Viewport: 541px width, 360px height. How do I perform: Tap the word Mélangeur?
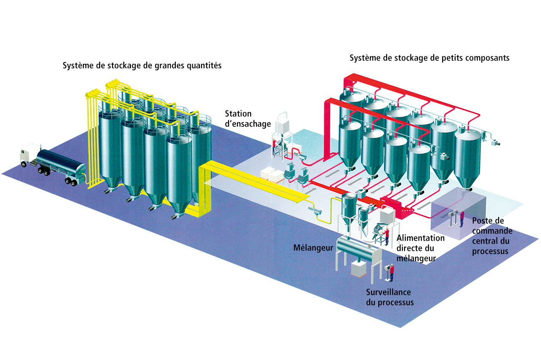pos(313,248)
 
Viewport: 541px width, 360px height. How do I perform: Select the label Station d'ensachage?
pos(248,119)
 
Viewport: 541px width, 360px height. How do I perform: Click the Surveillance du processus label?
pos(390,297)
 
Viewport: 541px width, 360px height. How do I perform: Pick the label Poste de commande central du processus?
pos(492,236)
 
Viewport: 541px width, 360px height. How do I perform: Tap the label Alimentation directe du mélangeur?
pos(420,248)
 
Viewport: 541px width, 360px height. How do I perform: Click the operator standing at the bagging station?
pos(274,145)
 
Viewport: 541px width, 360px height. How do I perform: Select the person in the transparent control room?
pos(462,219)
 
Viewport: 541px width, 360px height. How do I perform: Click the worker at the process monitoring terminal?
pos(392,272)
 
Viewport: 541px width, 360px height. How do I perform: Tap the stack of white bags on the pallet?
pos(272,175)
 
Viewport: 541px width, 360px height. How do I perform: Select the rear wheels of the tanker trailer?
pos(71,181)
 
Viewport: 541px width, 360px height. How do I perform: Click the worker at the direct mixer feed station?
pos(387,236)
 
